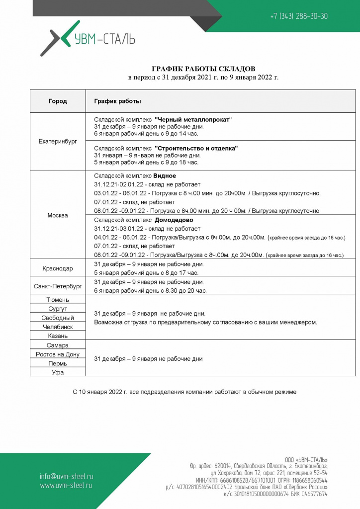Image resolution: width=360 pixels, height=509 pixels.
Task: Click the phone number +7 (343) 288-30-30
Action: (299, 16)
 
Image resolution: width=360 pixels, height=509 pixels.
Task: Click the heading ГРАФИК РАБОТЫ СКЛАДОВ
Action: (203, 69)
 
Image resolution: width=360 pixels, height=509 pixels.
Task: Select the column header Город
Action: (58, 101)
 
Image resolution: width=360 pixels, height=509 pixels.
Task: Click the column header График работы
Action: (117, 101)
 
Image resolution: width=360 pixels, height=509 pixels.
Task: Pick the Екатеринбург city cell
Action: (58, 142)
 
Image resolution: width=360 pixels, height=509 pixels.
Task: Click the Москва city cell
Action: (58, 215)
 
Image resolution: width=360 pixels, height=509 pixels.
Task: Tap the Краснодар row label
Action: (58, 268)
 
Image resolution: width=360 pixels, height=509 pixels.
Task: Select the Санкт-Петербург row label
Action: (58, 286)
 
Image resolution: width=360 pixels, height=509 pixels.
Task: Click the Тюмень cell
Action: (58, 300)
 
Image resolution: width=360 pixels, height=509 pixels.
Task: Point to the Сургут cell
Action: (58, 309)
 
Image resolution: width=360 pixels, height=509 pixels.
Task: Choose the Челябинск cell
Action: (58, 327)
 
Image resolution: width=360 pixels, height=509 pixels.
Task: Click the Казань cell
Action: (58, 336)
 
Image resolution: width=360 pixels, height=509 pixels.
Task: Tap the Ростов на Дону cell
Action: (58, 354)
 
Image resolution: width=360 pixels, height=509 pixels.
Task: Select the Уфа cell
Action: (58, 372)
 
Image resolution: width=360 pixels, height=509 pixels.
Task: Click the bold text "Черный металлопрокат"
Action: (193, 119)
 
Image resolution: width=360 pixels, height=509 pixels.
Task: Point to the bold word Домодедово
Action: (174, 220)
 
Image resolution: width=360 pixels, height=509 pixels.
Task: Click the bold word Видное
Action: (165, 175)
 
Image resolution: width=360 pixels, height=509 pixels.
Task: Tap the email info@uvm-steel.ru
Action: (67, 476)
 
